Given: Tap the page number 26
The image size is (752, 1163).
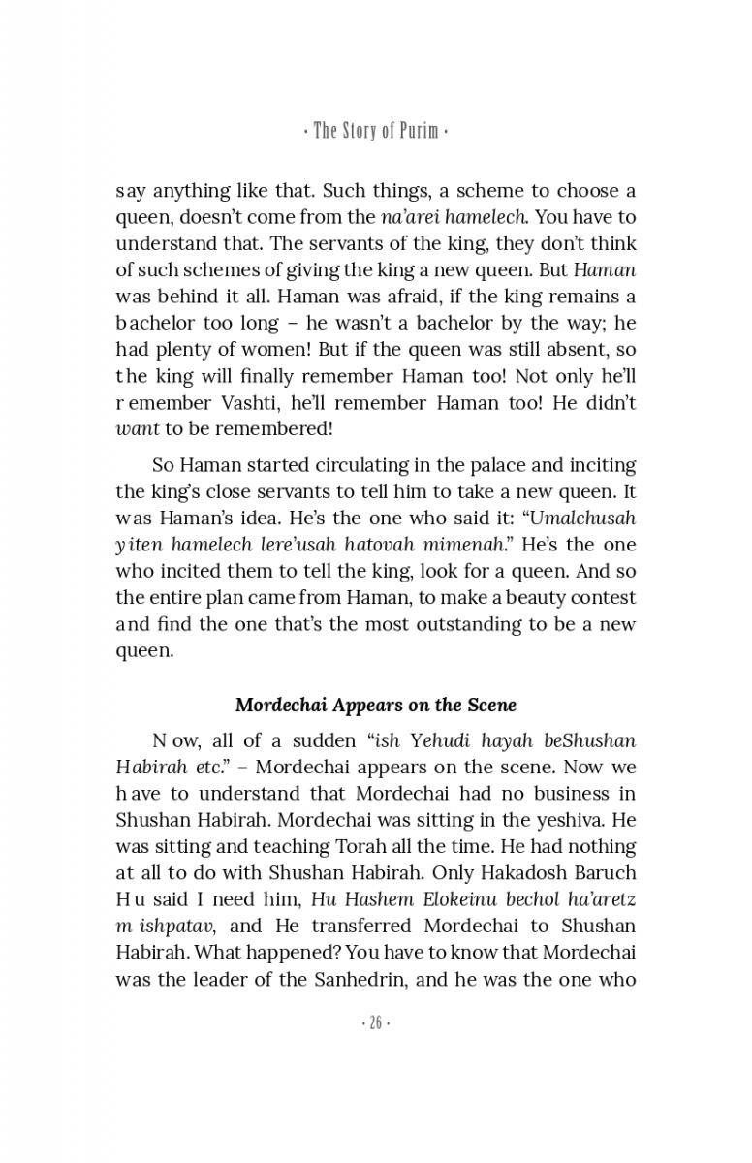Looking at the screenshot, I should point(376,1024).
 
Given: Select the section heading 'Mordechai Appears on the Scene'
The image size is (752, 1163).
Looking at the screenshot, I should point(376,705).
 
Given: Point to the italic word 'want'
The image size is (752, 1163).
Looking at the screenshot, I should point(137,426).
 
